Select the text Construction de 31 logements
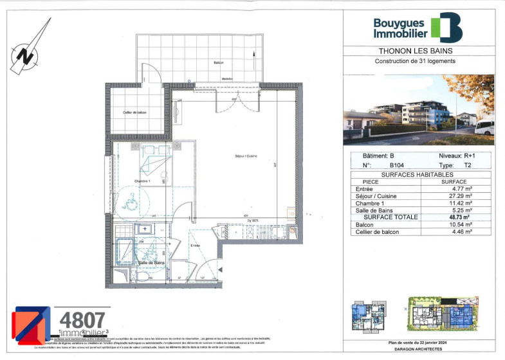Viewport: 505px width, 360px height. (415, 61)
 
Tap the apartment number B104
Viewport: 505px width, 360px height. (389, 165)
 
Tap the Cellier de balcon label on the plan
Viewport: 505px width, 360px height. (136, 113)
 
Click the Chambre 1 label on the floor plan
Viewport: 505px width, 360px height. (142, 181)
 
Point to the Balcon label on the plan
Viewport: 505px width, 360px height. (219, 62)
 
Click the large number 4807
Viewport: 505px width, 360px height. (82, 319)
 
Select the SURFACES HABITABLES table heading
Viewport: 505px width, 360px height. (418, 174)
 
